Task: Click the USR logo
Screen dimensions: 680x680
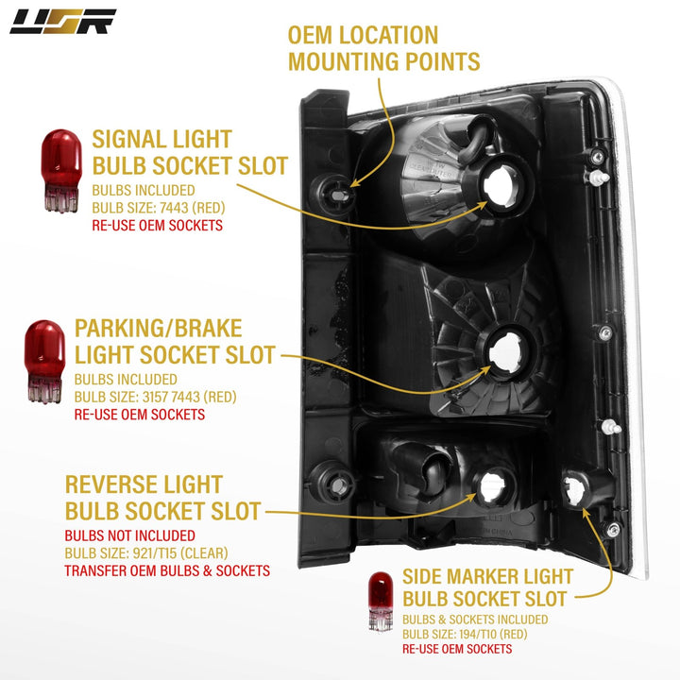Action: coord(62,21)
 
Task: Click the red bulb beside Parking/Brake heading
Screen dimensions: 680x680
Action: coord(43,363)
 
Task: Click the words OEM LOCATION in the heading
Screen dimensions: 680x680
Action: coord(363,36)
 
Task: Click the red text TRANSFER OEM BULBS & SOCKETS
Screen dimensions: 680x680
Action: coord(167,570)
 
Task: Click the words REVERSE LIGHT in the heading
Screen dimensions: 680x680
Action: coord(144,484)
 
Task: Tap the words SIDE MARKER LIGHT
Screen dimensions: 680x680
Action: coord(487,575)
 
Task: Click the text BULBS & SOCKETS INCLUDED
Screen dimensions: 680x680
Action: coord(474,619)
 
